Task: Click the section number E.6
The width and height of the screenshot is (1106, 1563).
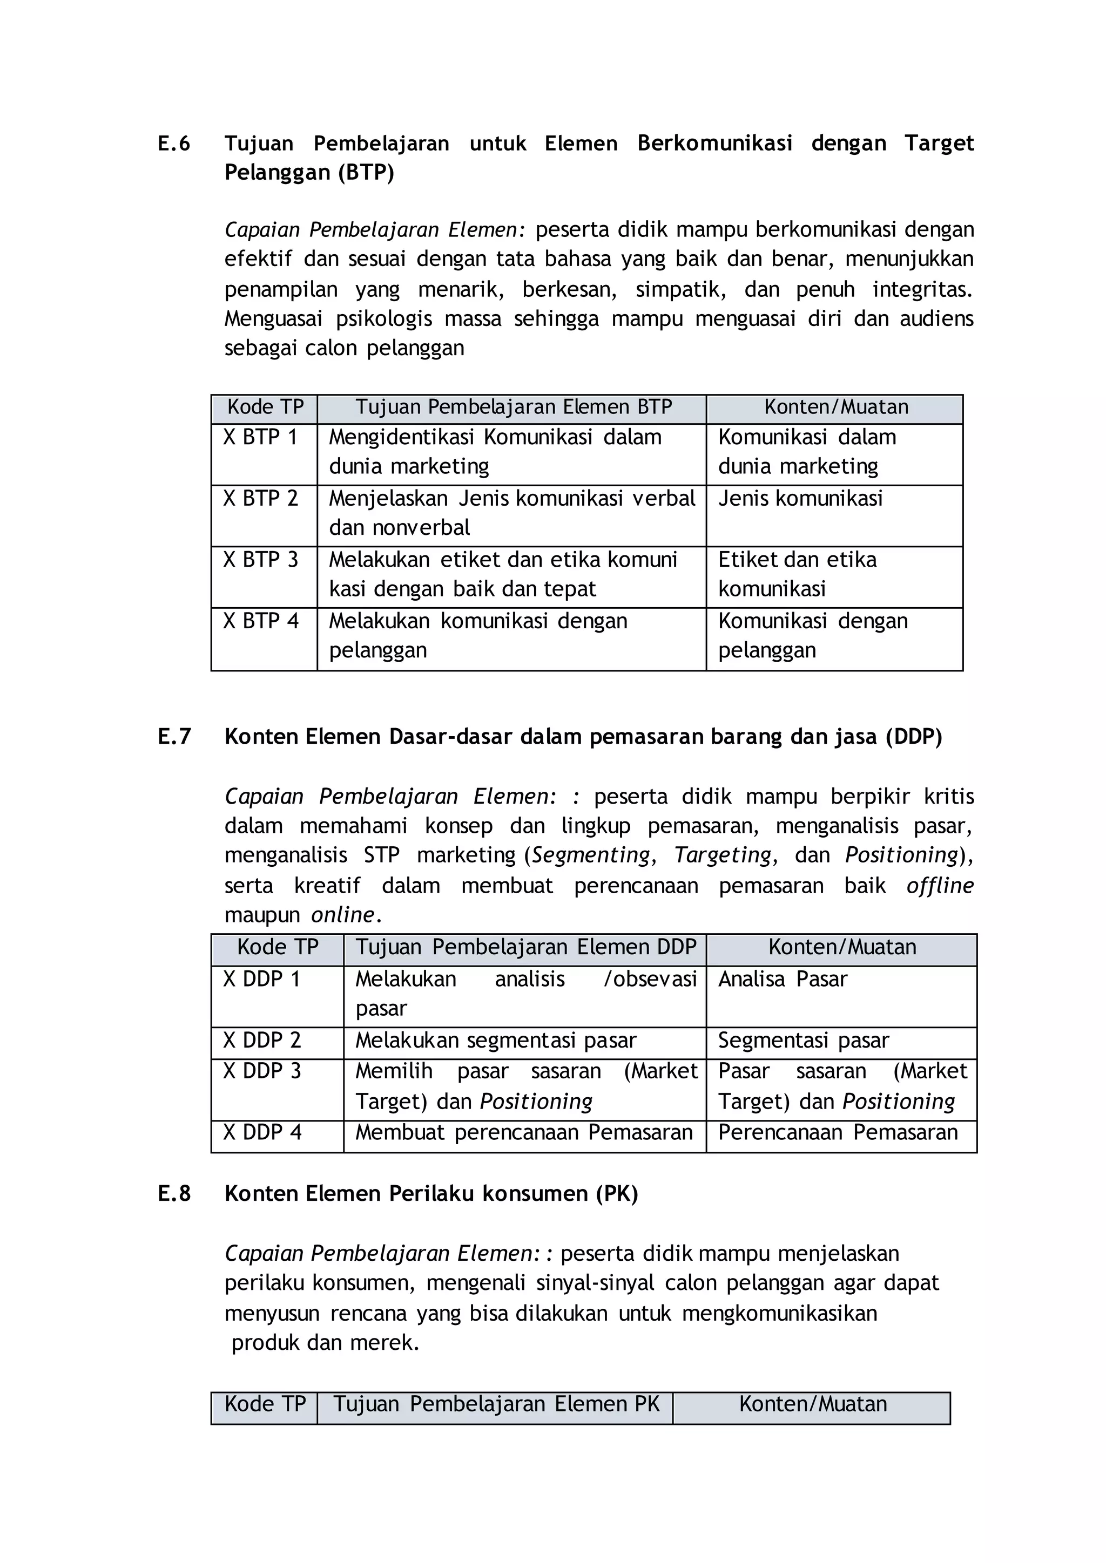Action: point(174,144)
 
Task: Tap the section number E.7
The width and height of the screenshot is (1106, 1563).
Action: point(174,737)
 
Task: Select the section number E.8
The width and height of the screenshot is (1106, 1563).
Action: point(174,1193)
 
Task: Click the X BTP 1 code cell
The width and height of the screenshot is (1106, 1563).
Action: point(261,437)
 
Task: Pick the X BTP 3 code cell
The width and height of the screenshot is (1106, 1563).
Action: point(261,560)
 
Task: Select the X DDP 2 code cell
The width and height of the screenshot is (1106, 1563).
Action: point(262,1040)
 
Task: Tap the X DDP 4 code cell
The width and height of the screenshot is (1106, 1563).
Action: point(262,1132)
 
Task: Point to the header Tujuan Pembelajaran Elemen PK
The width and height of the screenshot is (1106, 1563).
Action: point(496,1404)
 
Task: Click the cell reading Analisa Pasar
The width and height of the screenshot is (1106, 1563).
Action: point(783,979)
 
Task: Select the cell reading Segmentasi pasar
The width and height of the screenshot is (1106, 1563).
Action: point(804,1040)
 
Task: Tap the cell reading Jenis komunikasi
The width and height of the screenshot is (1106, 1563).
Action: point(800,498)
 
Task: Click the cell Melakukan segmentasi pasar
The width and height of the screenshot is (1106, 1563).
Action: point(496,1040)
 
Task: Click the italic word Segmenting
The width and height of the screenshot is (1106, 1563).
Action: point(590,854)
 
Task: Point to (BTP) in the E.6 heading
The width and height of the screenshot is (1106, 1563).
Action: point(366,173)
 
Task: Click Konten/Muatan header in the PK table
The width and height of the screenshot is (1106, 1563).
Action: point(812,1404)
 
